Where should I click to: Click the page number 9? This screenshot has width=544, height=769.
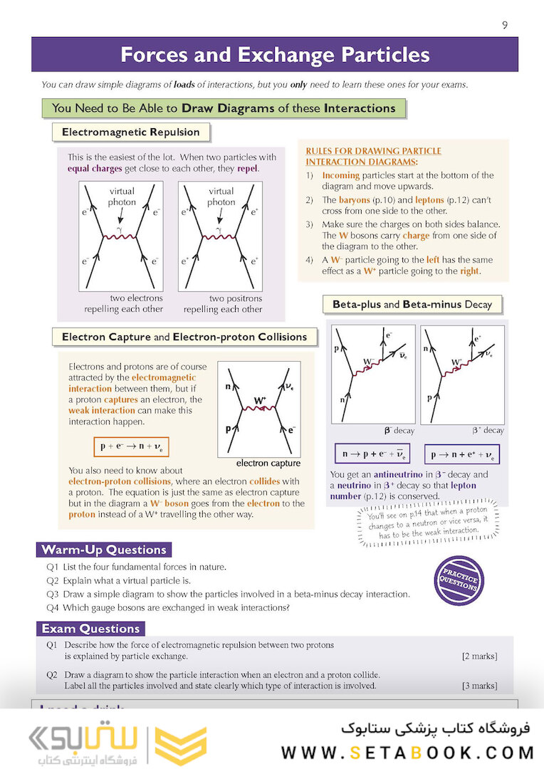[505, 25]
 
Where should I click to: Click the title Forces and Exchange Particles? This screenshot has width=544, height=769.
[274, 55]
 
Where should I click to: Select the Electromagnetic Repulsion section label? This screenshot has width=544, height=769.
[131, 132]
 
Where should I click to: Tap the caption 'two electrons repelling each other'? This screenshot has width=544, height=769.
[124, 304]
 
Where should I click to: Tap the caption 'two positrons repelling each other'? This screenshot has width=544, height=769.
[223, 304]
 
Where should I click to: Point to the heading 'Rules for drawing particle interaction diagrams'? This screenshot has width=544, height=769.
[373, 156]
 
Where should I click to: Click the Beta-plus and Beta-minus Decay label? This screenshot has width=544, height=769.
[412, 304]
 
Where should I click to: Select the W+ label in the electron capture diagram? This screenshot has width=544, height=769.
[260, 402]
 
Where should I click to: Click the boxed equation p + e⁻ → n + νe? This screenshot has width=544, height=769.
[131, 446]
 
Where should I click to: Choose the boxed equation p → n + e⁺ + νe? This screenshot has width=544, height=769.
[462, 454]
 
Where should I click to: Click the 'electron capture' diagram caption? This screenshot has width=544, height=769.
[268, 463]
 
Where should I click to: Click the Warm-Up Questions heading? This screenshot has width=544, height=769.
[104, 550]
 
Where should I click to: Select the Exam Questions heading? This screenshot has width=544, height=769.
[90, 629]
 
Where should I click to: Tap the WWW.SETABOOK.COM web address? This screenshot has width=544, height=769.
[408, 752]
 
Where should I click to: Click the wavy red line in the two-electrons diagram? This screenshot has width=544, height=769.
[120, 236]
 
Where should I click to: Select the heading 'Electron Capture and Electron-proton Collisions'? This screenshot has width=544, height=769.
[184, 337]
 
